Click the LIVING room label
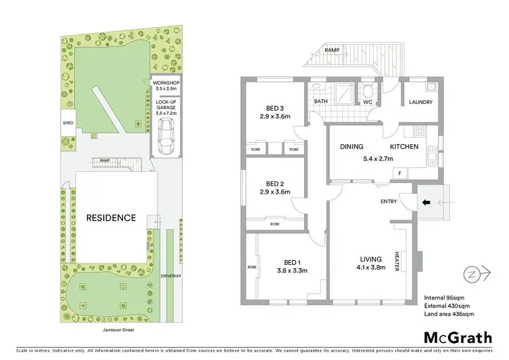[x=371, y=259]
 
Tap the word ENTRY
[x=389, y=201]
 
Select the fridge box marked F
[x=399, y=174]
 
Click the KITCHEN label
[x=404, y=147]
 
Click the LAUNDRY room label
[x=421, y=103]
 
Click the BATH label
[x=321, y=103]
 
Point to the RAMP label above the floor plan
[x=332, y=50]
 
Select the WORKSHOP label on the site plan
[x=166, y=84]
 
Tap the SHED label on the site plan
[x=68, y=123]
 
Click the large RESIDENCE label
[x=111, y=218]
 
